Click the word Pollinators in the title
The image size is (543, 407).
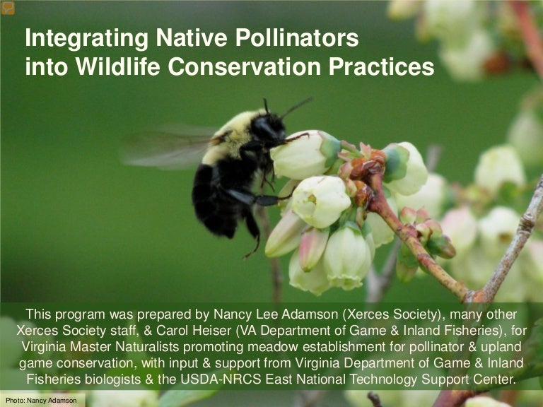[292, 38]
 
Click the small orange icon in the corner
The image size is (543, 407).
[8, 8]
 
